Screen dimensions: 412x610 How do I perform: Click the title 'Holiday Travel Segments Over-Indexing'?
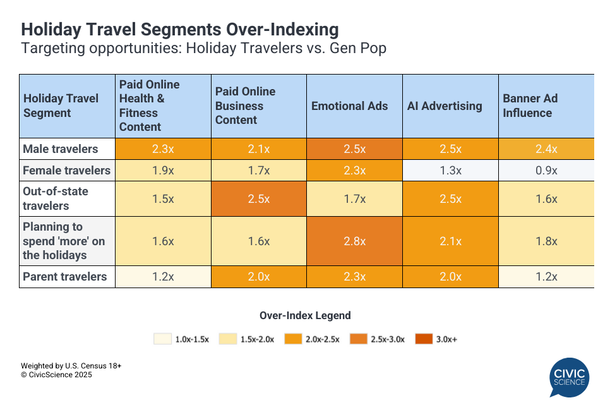click(180, 30)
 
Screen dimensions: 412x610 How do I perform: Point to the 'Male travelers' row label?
click(61, 149)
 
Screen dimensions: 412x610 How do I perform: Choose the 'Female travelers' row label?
click(66, 171)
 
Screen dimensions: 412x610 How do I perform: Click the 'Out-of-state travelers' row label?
click(56, 198)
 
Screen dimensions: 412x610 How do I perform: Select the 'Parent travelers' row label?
click(65, 277)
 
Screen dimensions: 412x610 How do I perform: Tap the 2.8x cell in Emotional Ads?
click(355, 241)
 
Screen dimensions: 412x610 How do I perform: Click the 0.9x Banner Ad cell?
click(546, 171)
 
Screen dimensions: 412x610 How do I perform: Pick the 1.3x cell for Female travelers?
click(450, 171)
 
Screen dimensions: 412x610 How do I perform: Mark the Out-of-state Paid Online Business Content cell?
click(259, 198)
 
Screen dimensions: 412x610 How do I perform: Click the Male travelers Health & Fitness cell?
click(163, 149)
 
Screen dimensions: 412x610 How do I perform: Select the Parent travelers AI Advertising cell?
click(450, 277)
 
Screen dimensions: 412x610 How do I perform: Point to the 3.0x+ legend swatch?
click(424, 339)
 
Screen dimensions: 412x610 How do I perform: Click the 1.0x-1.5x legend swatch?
click(162, 339)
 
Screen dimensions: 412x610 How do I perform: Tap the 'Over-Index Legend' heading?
click(305, 315)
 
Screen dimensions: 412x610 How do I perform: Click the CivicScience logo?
click(570, 377)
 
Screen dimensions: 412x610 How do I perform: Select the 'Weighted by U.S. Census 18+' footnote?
click(71, 366)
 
